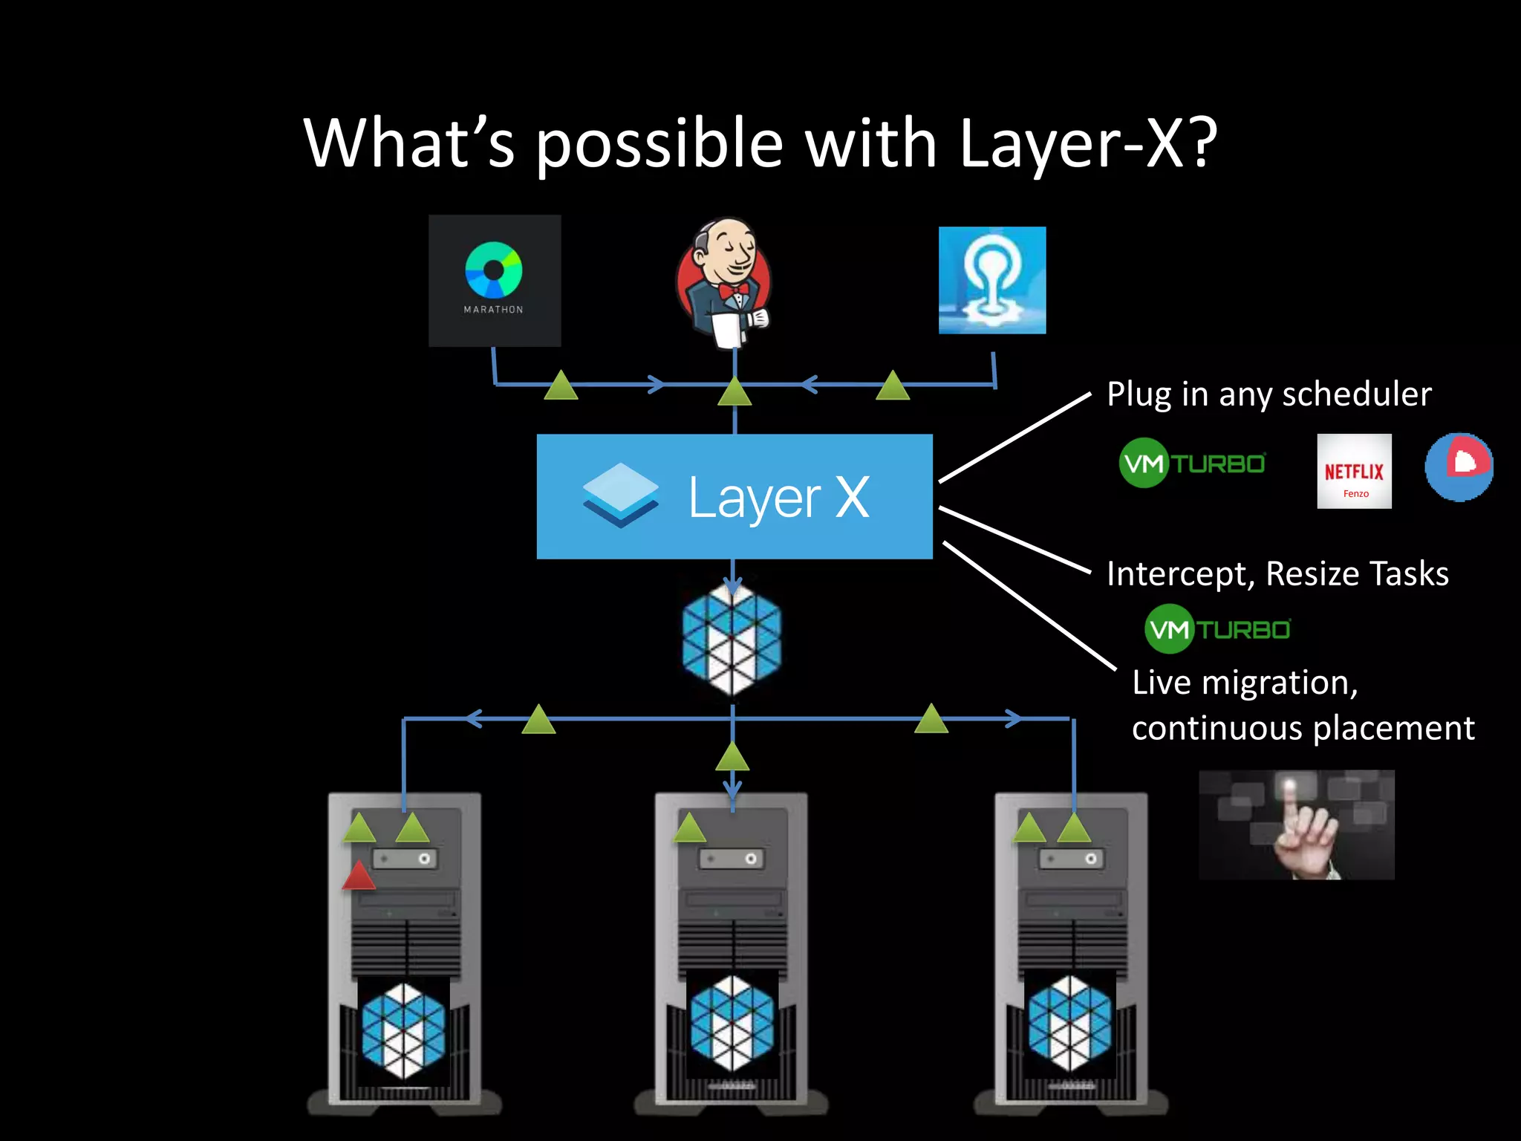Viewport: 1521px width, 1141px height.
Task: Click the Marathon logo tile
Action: pyautogui.click(x=495, y=280)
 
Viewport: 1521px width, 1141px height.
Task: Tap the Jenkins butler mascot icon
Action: pyautogui.click(x=724, y=282)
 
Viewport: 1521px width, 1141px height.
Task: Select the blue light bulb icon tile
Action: pyautogui.click(x=992, y=280)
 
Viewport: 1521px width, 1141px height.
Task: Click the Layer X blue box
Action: pyautogui.click(x=735, y=496)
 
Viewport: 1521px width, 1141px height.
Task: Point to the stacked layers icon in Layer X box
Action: pyautogui.click(x=620, y=495)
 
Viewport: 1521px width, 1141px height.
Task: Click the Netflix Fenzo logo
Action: pyautogui.click(x=1354, y=471)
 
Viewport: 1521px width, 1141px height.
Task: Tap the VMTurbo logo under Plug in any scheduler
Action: pyautogui.click(x=1192, y=463)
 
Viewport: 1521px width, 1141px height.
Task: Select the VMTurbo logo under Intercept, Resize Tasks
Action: pyautogui.click(x=1217, y=629)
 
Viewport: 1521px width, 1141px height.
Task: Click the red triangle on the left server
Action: pyautogui.click(x=359, y=876)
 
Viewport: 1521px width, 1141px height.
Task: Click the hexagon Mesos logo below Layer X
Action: pyautogui.click(x=732, y=640)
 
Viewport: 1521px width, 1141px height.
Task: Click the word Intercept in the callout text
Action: pyautogui.click(x=1179, y=573)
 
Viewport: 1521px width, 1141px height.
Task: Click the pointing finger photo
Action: pyautogui.click(x=1297, y=825)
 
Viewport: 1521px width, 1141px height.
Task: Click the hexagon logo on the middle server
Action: pyautogui.click(x=732, y=1024)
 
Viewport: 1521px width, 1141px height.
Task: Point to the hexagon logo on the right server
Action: pyautogui.click(x=1070, y=1024)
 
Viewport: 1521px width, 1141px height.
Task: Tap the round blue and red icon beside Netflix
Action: pyautogui.click(x=1459, y=467)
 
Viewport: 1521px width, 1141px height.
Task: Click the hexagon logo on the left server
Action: pyautogui.click(x=403, y=1030)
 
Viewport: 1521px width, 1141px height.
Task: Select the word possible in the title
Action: pyautogui.click(x=659, y=144)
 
